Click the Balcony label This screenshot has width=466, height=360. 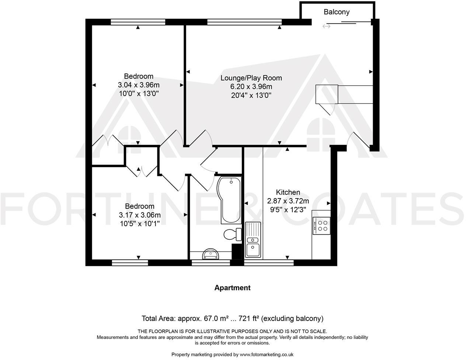click(336, 12)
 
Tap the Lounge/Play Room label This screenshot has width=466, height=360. click(251, 78)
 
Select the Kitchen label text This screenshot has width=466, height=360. click(288, 192)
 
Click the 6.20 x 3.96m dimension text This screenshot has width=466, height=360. click(251, 87)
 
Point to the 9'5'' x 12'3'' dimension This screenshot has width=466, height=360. click(288, 210)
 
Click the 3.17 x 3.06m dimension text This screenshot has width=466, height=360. click(139, 215)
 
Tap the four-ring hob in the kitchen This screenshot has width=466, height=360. click(323, 225)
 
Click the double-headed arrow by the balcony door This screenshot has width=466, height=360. click(326, 26)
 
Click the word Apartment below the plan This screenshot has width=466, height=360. click(232, 288)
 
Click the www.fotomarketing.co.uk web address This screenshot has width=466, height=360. click(266, 354)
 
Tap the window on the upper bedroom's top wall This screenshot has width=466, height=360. click(138, 22)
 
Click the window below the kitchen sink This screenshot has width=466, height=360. click(269, 263)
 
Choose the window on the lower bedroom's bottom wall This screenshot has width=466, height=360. click(130, 263)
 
